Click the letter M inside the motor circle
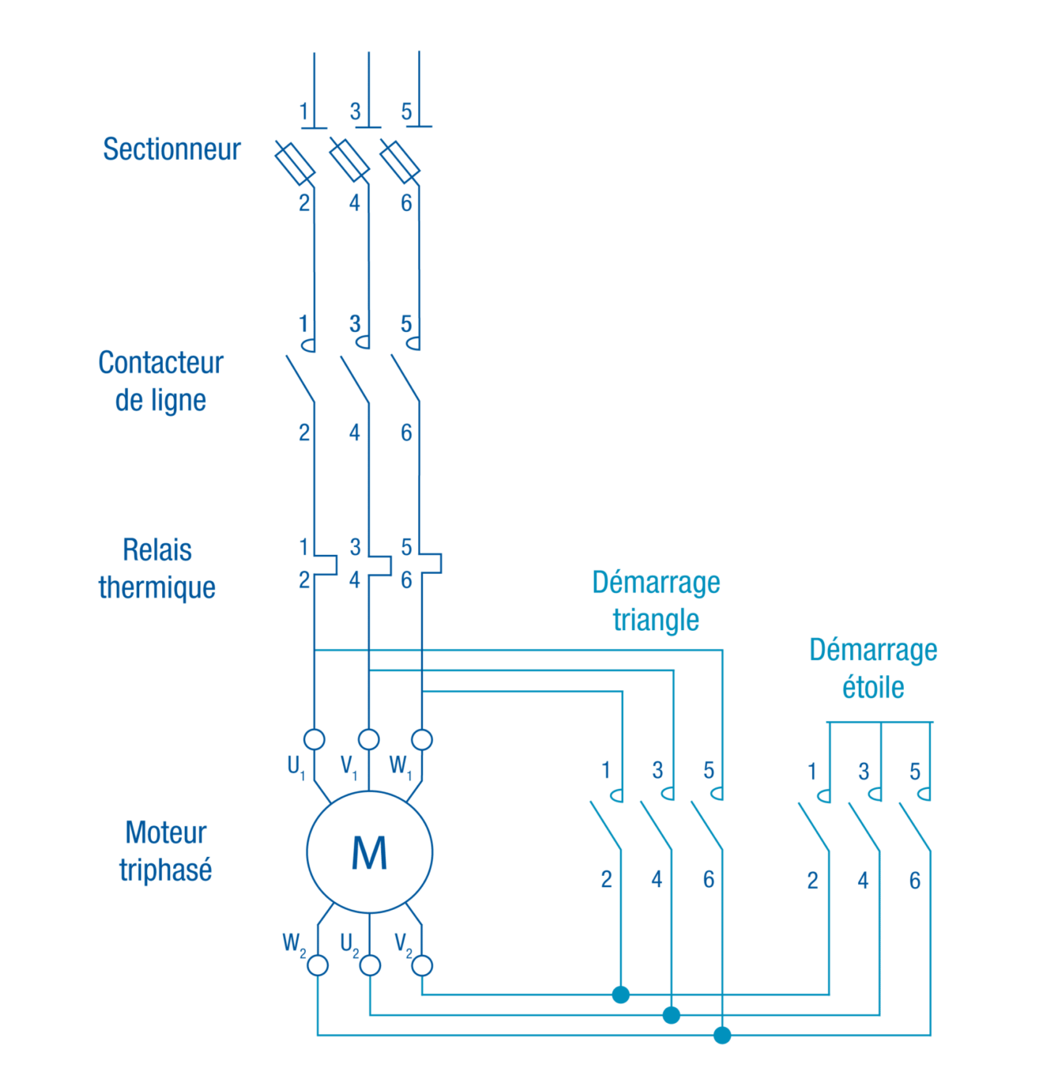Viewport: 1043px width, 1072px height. click(x=369, y=853)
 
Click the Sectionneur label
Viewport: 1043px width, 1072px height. click(x=171, y=149)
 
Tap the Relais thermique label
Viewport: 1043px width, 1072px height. click(x=156, y=568)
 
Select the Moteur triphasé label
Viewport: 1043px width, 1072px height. click(x=166, y=851)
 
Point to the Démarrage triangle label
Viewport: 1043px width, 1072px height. click(x=656, y=601)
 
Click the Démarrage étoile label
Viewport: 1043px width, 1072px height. click(x=873, y=668)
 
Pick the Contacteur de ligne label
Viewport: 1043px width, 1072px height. click(x=160, y=381)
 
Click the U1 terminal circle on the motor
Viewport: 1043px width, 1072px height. click(x=314, y=739)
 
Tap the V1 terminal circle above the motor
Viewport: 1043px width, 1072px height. click(x=369, y=739)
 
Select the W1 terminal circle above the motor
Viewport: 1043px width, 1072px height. click(x=423, y=739)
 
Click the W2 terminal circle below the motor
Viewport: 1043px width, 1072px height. click(x=318, y=965)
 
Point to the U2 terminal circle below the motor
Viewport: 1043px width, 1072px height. click(x=370, y=965)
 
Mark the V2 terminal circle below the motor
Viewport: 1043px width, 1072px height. click(x=423, y=965)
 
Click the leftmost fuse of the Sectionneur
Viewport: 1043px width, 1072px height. click(x=295, y=163)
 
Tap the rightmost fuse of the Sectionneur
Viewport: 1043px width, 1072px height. click(x=400, y=161)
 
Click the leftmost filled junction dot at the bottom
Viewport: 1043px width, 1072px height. click(x=621, y=995)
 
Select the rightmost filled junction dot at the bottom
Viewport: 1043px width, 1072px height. click(x=722, y=1035)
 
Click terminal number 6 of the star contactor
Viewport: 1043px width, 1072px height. click(x=915, y=881)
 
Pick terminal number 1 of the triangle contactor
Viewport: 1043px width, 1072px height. click(x=606, y=770)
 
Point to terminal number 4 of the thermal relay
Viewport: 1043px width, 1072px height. click(x=355, y=580)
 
